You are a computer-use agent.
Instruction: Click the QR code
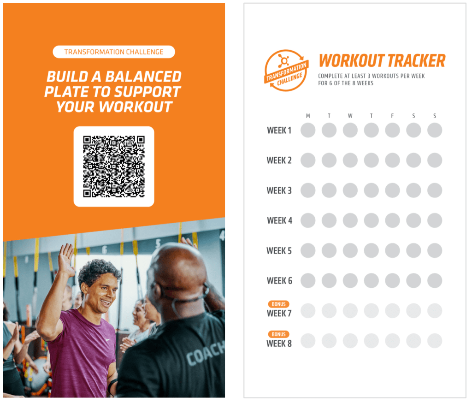114,166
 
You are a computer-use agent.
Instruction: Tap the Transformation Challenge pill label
114,52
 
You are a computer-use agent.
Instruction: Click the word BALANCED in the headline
143,77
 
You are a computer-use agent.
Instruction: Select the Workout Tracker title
382,60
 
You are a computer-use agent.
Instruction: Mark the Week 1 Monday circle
308,130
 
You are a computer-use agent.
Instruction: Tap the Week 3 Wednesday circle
350,190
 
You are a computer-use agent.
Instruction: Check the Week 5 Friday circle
393,250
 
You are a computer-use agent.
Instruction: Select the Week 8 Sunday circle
435,341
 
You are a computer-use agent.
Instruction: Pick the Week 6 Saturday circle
413,281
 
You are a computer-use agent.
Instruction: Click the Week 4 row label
279,220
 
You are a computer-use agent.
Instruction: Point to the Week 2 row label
279,160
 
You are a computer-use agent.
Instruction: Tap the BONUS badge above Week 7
278,304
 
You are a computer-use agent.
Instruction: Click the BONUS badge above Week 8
278,334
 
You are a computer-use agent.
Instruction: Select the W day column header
350,116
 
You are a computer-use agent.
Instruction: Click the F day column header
392,116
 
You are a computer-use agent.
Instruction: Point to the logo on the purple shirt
107,340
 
